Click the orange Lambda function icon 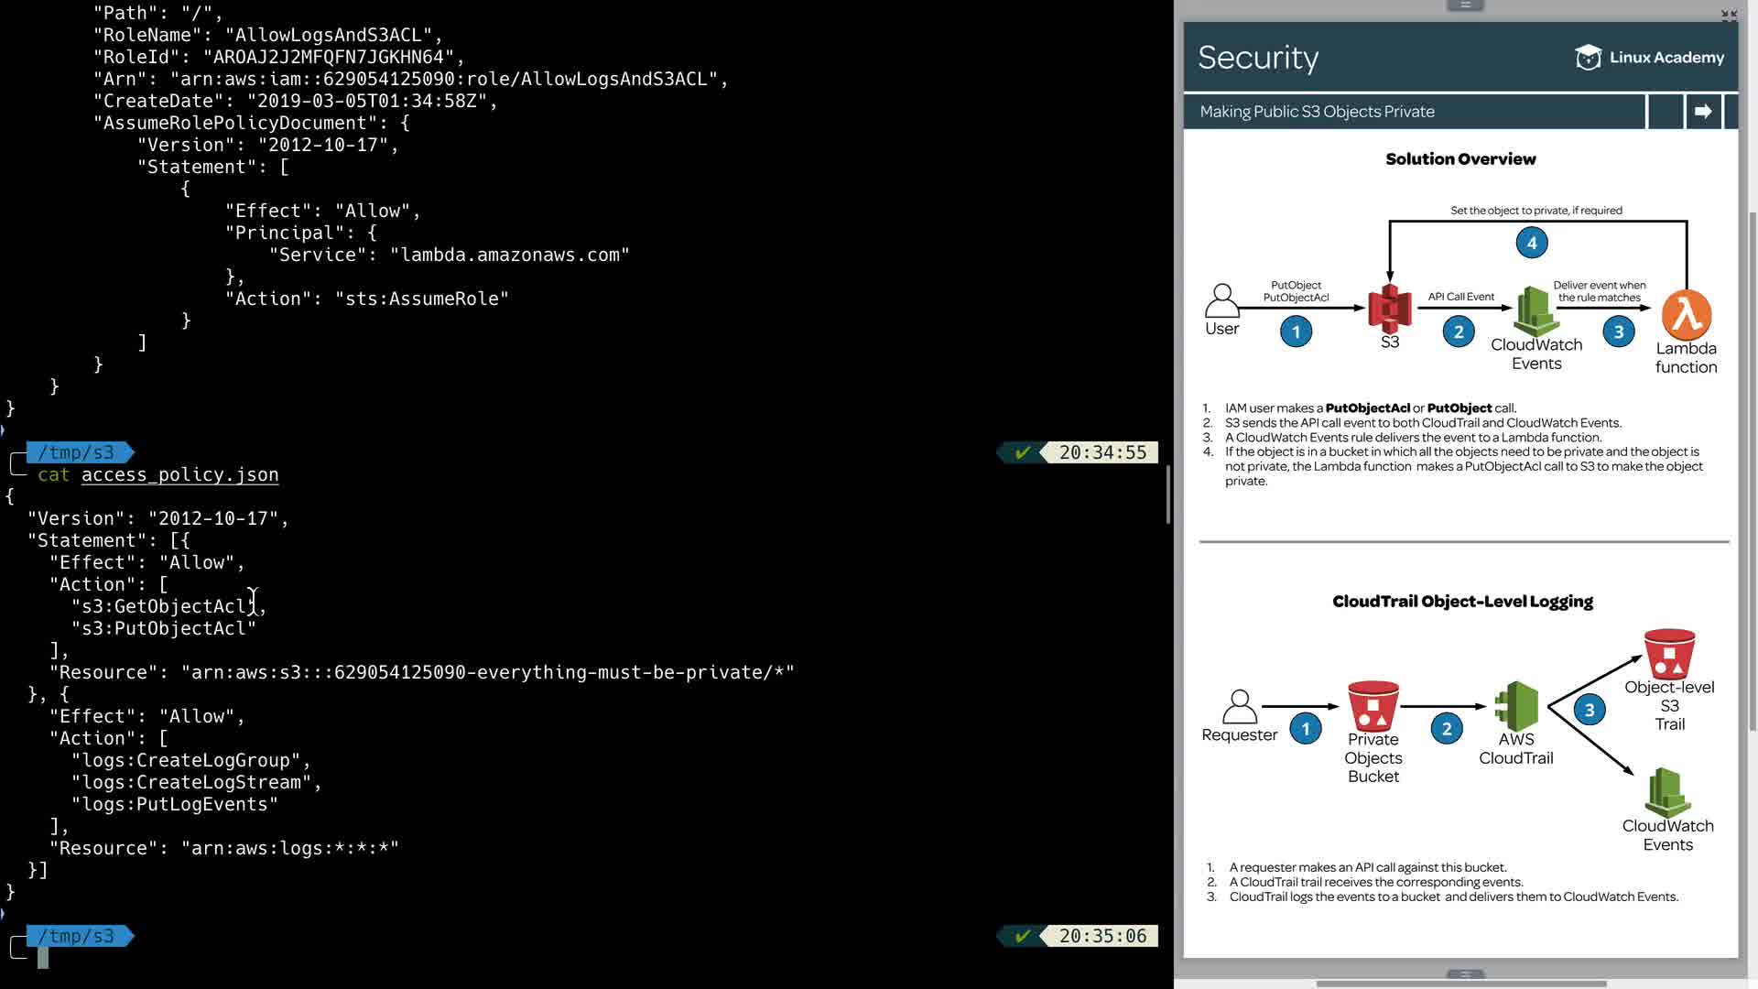[x=1687, y=315]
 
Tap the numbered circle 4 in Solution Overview [x=1532, y=243]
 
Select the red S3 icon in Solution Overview [x=1389, y=309]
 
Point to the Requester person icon [x=1239, y=707]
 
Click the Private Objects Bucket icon [x=1373, y=705]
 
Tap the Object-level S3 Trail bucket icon [x=1669, y=653]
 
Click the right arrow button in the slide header [x=1703, y=112]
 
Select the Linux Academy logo [x=1649, y=58]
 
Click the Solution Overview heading [x=1460, y=159]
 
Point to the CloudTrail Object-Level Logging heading [x=1462, y=602]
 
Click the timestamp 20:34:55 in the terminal [x=1102, y=452]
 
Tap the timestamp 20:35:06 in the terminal [x=1102, y=936]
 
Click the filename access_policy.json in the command [x=179, y=474]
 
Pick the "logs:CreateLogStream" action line [x=197, y=782]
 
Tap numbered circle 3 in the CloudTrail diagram [x=1590, y=710]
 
